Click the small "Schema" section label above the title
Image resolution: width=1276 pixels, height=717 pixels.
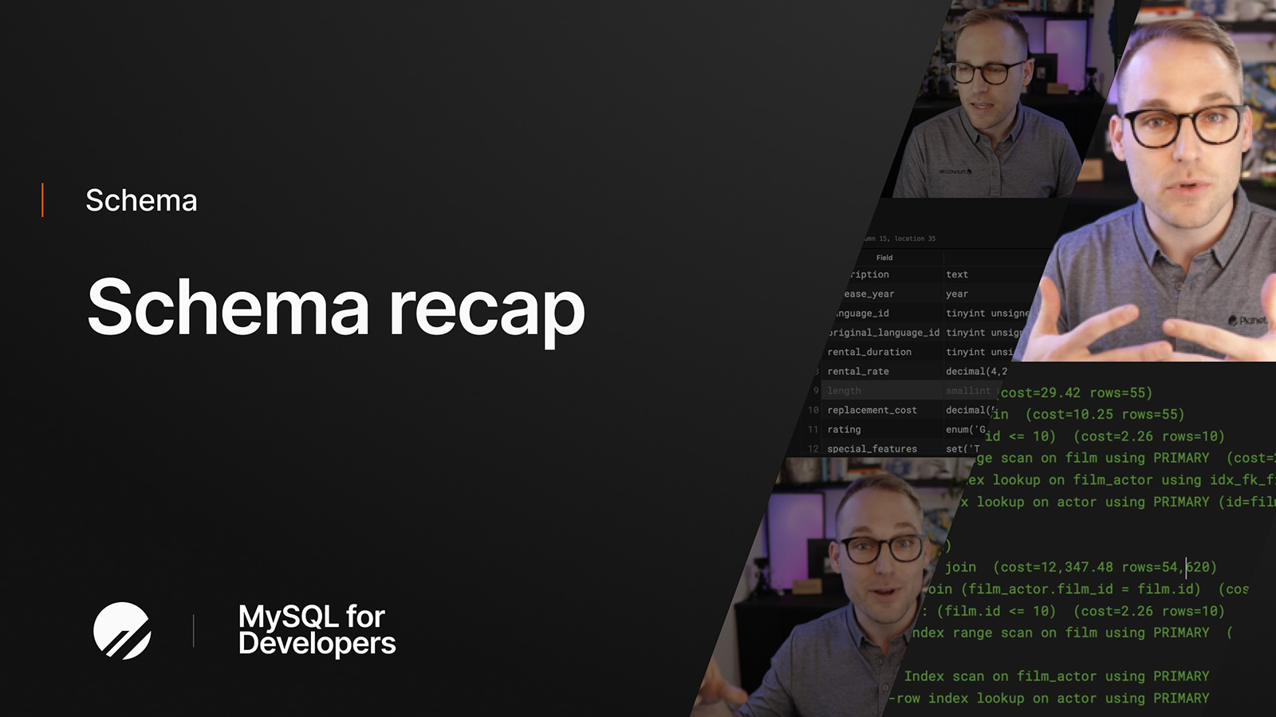tap(141, 200)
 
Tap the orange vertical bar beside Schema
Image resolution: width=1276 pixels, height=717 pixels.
tap(42, 199)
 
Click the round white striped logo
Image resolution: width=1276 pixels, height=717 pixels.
tap(122, 630)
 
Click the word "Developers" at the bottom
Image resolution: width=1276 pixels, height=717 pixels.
tap(317, 644)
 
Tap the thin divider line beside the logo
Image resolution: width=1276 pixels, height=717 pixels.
tap(193, 630)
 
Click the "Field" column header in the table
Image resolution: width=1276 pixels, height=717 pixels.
tap(884, 258)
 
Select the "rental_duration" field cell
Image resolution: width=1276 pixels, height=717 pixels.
tap(869, 352)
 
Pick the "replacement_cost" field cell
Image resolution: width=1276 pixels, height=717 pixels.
tap(872, 410)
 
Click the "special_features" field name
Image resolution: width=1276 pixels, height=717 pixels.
tap(872, 449)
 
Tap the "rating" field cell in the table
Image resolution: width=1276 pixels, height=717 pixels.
tap(844, 429)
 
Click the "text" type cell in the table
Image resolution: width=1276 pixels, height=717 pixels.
tap(957, 274)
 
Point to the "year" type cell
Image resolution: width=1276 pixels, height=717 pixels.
tap(957, 294)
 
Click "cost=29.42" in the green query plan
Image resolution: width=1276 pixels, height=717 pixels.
tap(1040, 392)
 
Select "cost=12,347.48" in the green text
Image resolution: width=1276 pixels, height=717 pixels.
tap(1056, 567)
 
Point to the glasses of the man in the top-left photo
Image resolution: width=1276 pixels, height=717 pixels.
tap(987, 73)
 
